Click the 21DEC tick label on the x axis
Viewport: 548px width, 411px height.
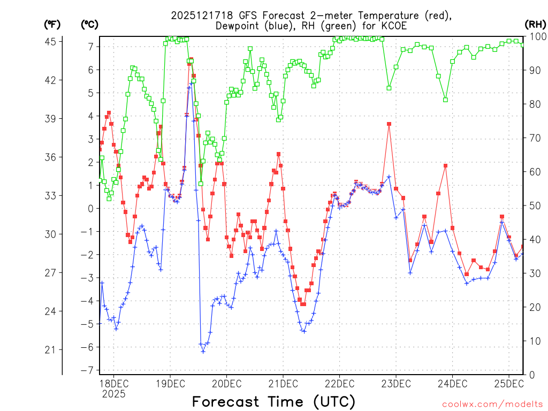pyautogui.click(x=283, y=384)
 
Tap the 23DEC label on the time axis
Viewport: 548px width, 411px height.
pyautogui.click(x=395, y=384)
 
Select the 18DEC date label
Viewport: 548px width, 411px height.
pyautogui.click(x=113, y=384)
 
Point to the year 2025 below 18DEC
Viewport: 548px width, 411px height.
pyautogui.click(x=113, y=394)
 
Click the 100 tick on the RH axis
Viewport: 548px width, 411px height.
pyautogui.click(x=537, y=36)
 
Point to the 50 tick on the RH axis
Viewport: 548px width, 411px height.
pyautogui.click(x=535, y=205)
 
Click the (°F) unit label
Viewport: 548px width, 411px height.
pyautogui.click(x=52, y=24)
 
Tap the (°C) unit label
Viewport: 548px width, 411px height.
pyautogui.click(x=89, y=24)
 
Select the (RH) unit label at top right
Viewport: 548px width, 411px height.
pyautogui.click(x=536, y=24)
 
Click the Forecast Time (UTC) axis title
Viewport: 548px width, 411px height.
pyautogui.click(x=273, y=401)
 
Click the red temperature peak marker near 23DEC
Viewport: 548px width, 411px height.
pyautogui.click(x=389, y=124)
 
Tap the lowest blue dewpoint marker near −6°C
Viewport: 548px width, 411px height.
pyautogui.click(x=203, y=351)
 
